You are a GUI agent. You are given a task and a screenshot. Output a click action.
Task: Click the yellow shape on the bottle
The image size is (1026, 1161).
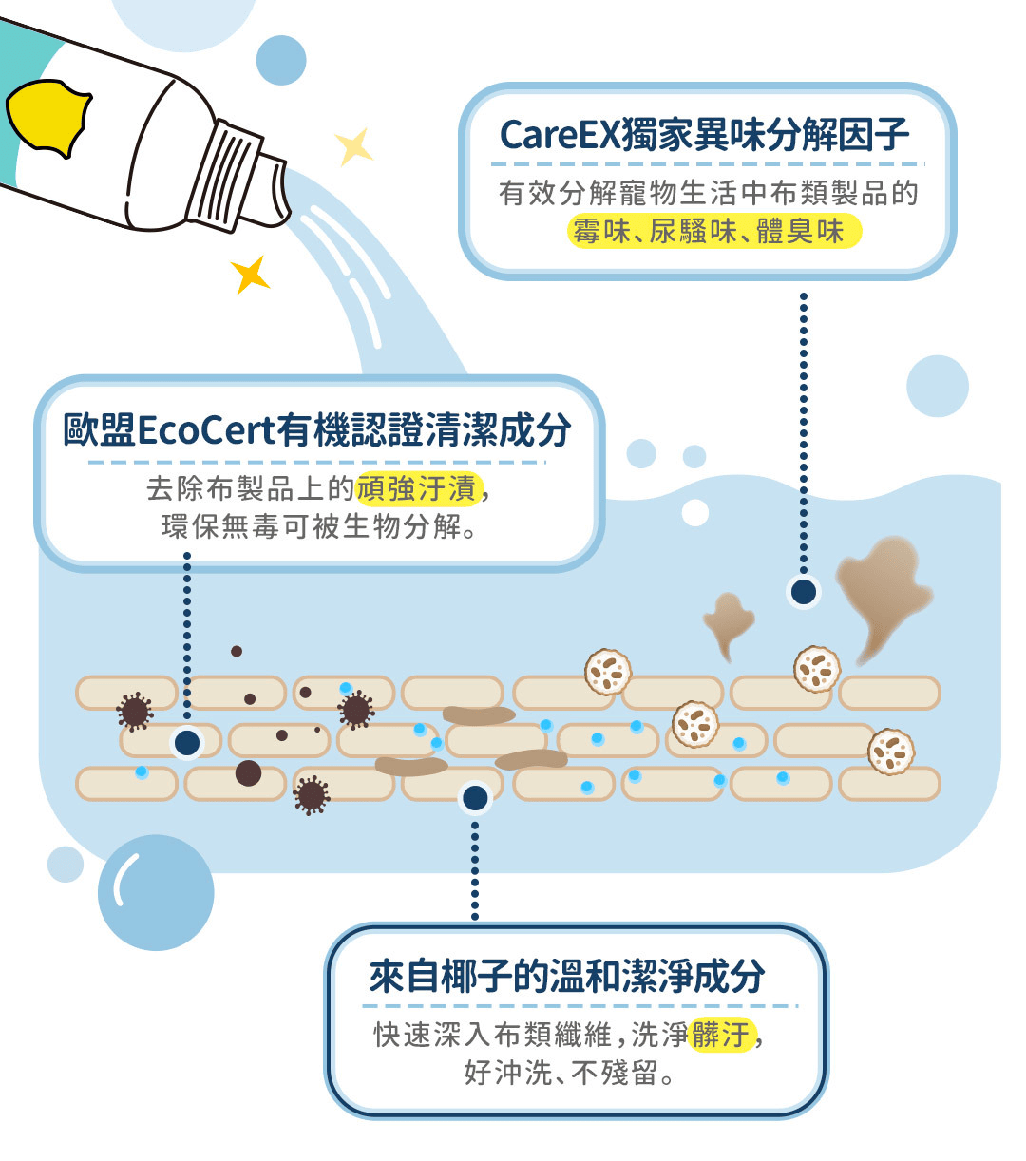click(x=48, y=119)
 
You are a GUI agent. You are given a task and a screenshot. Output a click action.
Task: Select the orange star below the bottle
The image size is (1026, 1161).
click(x=249, y=275)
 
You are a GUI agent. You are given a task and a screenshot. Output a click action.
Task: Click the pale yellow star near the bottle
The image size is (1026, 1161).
click(x=353, y=146)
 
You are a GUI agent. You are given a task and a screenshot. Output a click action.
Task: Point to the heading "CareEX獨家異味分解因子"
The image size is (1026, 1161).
click(x=705, y=135)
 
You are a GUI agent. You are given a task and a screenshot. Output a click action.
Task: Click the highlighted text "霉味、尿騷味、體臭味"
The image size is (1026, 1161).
click(x=709, y=231)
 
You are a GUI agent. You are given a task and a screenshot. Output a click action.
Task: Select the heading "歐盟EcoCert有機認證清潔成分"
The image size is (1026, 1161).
click(x=317, y=429)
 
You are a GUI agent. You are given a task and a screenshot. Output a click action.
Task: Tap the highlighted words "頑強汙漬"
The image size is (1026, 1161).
click(x=417, y=488)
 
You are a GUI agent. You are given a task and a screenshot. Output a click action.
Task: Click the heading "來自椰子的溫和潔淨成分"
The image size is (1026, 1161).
click(x=566, y=976)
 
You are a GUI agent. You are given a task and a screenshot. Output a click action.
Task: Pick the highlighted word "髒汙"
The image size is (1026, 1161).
click(x=721, y=1035)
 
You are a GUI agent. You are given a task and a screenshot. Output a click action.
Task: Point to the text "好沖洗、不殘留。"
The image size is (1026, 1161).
click(x=569, y=1073)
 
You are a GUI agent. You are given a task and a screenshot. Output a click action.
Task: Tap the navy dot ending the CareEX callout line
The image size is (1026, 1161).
click(x=803, y=592)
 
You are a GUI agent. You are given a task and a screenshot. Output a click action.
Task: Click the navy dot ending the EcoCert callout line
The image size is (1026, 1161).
click(x=187, y=743)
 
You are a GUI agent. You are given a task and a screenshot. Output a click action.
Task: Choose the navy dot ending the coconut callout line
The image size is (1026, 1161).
click(x=475, y=798)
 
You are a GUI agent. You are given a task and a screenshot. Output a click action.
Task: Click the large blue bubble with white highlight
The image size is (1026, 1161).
click(x=156, y=893)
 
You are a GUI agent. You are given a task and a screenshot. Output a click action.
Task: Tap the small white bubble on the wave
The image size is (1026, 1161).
click(x=695, y=512)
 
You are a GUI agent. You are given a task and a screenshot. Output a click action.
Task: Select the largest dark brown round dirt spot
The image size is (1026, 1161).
click(x=248, y=773)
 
